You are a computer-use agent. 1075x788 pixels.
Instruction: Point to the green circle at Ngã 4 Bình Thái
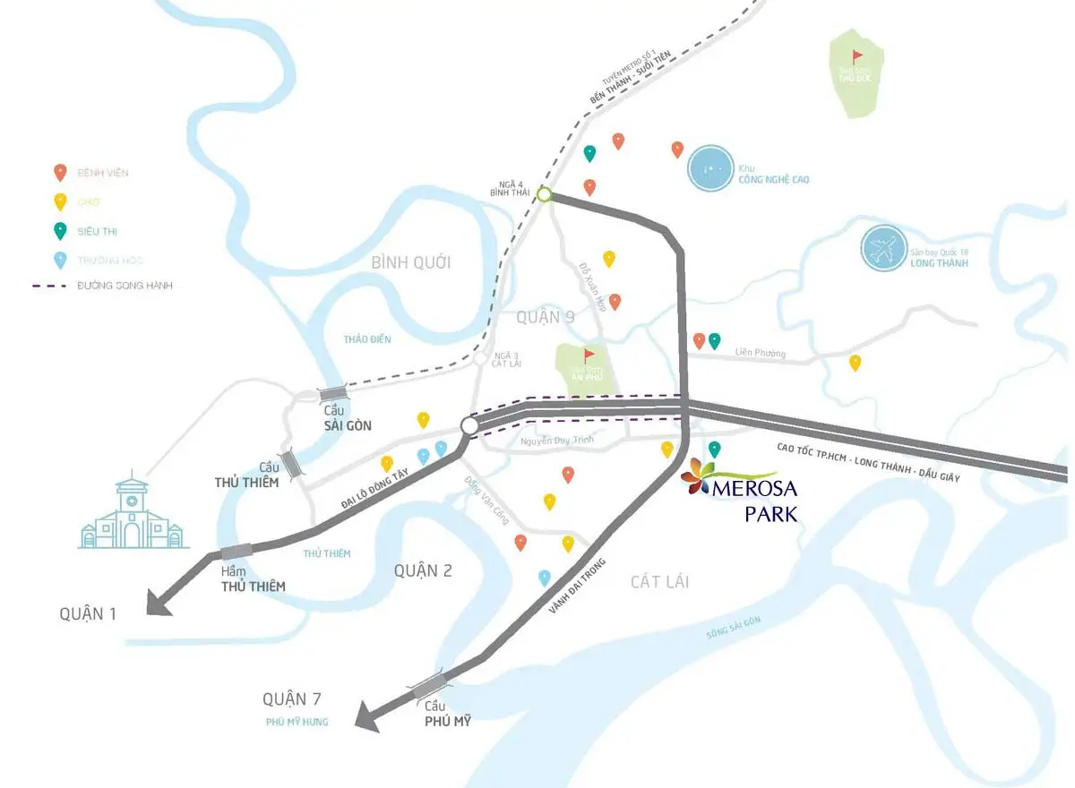click(544, 193)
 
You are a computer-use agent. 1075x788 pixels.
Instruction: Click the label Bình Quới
click(411, 262)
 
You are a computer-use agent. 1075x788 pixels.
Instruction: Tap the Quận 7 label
click(292, 699)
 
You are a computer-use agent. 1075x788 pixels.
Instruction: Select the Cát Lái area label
click(659, 582)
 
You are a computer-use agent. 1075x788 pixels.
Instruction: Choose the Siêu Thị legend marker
click(60, 230)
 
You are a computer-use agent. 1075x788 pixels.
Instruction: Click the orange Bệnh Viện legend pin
click(60, 171)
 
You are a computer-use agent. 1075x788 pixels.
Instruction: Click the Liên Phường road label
click(760, 354)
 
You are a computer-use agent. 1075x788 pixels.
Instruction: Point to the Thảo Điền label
click(367, 339)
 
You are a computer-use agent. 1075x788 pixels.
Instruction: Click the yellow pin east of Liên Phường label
click(856, 362)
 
